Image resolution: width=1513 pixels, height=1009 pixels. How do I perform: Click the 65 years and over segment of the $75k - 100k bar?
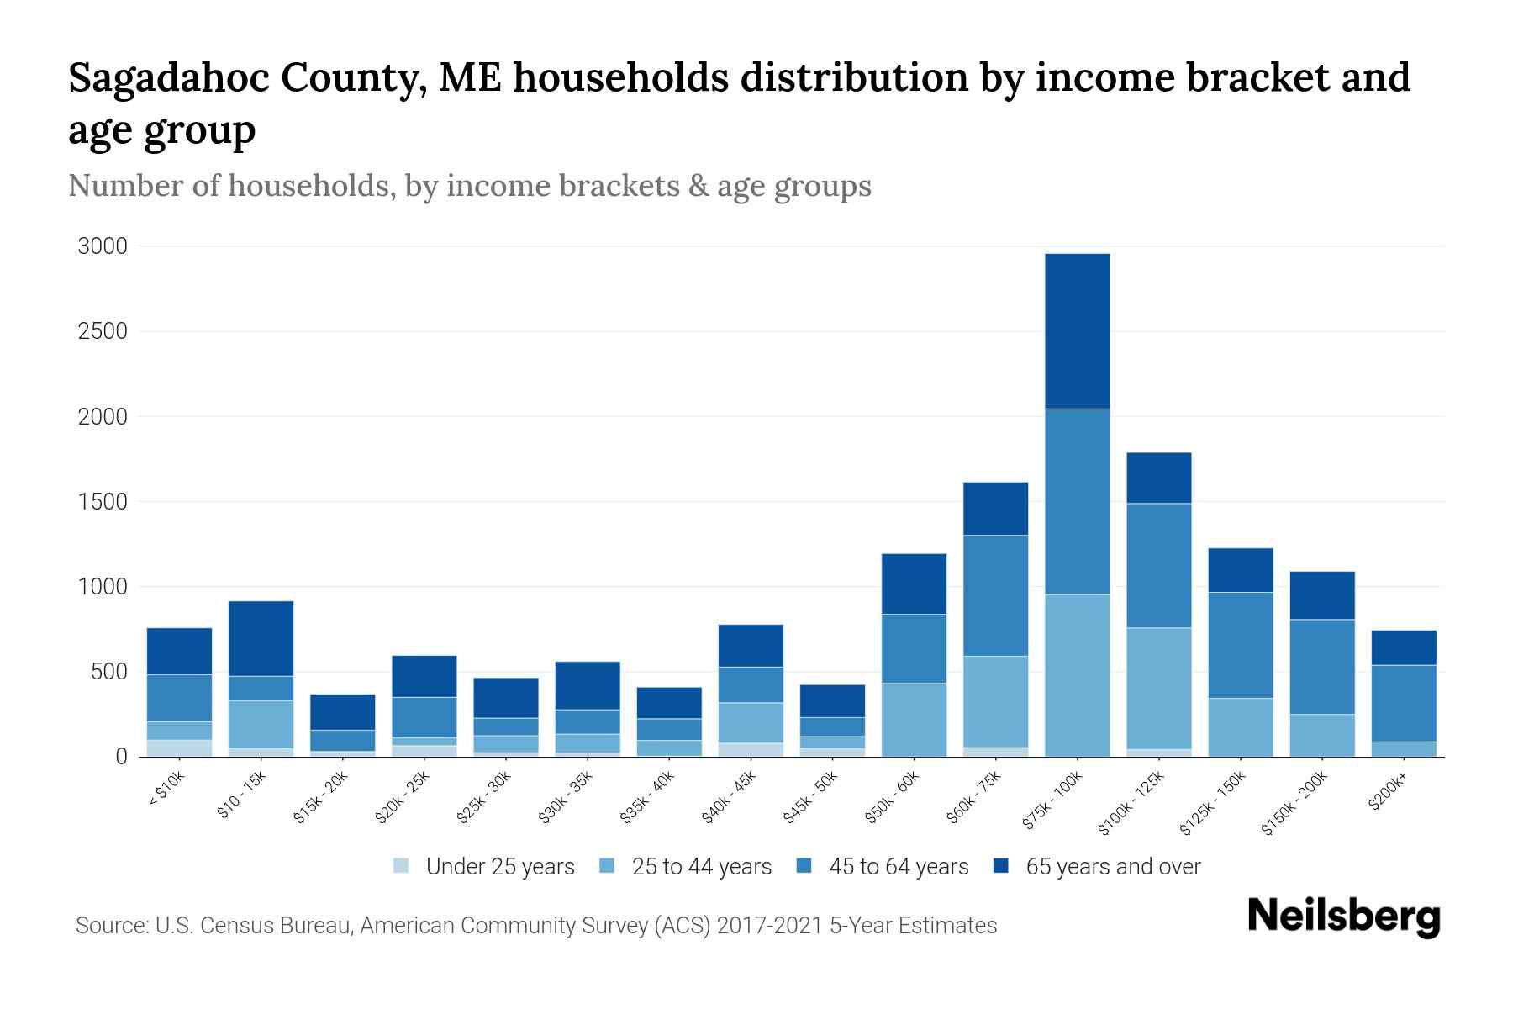tap(1077, 330)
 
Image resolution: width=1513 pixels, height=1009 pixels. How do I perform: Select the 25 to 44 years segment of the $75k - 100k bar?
tap(1077, 675)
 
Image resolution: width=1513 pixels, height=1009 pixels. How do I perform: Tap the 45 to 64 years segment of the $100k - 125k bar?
tap(1158, 565)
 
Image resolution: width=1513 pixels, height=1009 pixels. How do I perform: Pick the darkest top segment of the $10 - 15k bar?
tap(261, 638)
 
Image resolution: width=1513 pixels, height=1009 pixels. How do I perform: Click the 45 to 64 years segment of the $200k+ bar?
tap(1404, 703)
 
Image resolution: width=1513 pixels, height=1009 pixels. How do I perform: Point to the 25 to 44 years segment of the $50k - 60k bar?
tap(914, 720)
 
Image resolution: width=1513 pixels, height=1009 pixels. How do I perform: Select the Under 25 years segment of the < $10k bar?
tap(179, 748)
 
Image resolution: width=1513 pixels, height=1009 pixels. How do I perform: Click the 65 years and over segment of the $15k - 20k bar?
tap(342, 711)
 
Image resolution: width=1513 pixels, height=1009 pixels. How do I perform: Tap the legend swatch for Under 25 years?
tap(402, 866)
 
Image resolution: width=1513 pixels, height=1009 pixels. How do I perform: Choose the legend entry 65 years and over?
tap(1112, 867)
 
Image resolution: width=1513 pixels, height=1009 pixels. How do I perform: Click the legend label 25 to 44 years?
tap(701, 867)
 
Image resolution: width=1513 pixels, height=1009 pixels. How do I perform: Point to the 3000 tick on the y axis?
tap(103, 246)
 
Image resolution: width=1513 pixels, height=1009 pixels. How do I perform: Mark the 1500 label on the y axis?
tap(103, 502)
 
